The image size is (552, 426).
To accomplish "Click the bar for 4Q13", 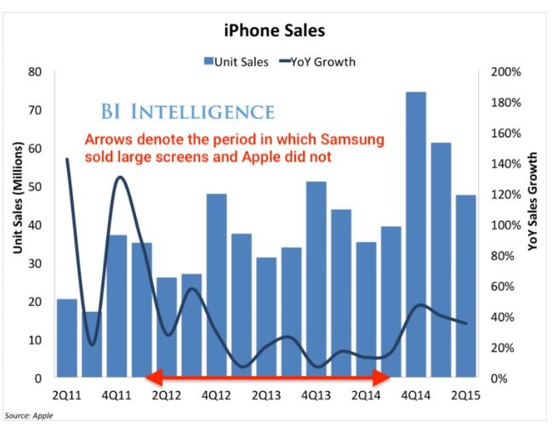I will (x=316, y=280).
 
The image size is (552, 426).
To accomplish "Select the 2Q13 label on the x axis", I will (x=266, y=395).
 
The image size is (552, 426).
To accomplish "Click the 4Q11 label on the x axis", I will (x=117, y=395).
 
